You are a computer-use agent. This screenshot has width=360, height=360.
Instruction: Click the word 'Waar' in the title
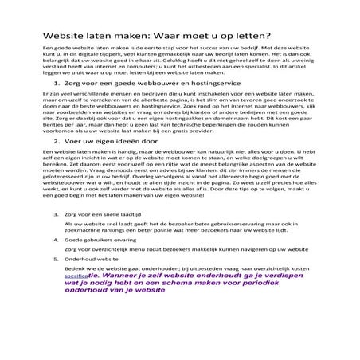(178, 37)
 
